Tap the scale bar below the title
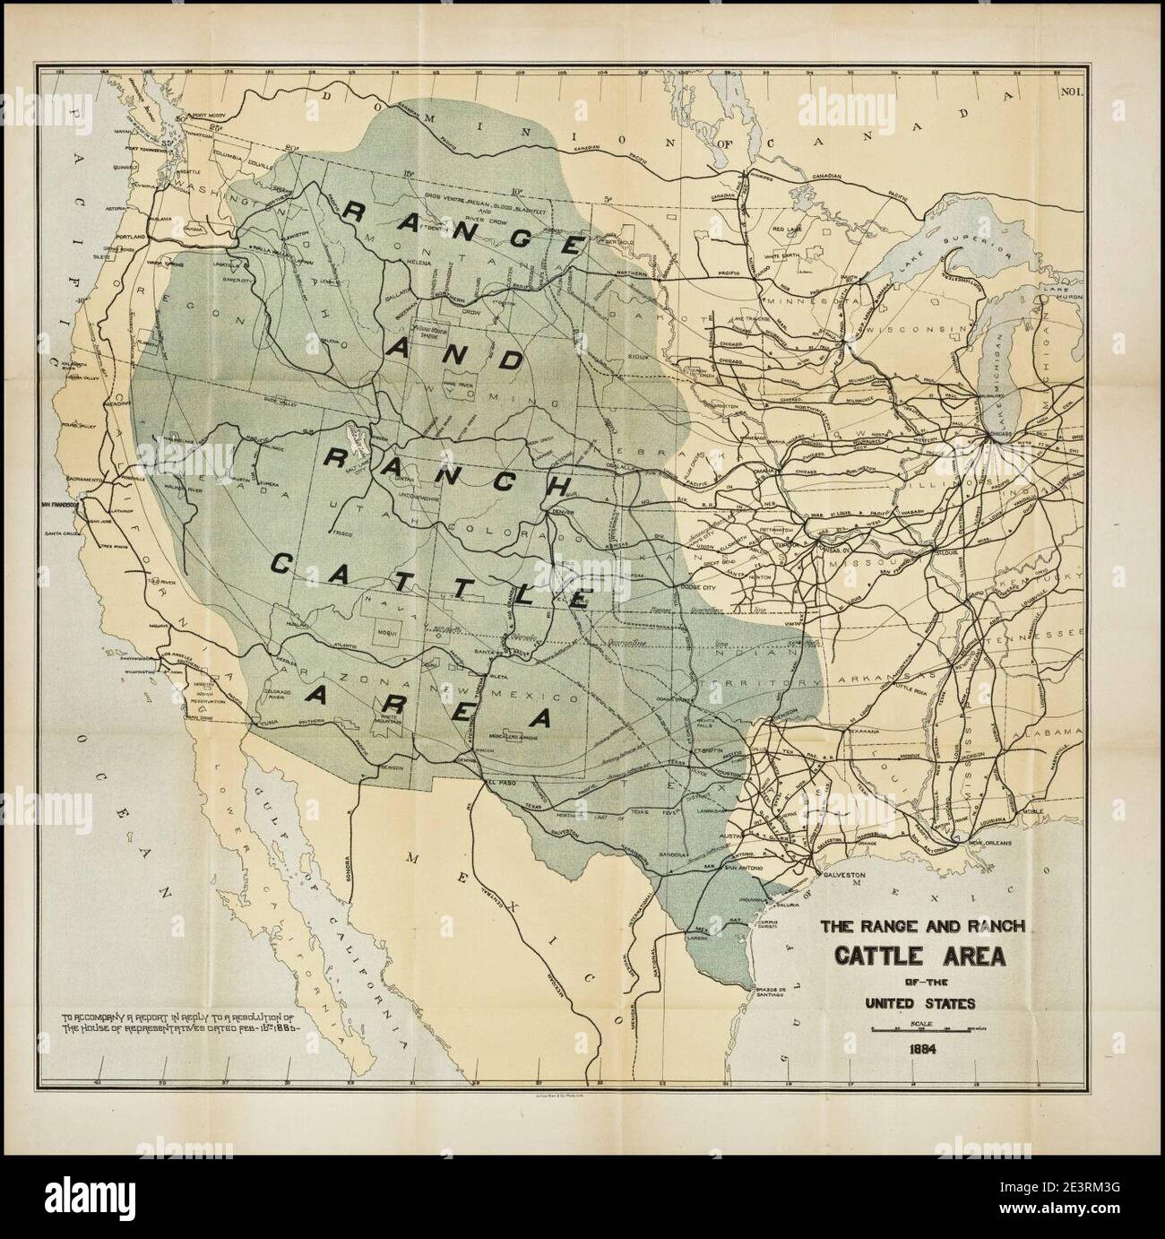pos(922,1027)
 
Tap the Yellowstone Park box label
pos(430,331)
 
